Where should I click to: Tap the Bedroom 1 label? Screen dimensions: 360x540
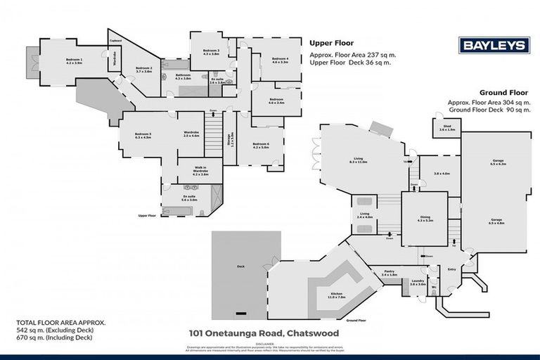(74, 60)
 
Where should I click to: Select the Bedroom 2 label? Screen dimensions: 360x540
(143, 69)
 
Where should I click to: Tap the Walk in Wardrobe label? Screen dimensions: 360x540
(192, 171)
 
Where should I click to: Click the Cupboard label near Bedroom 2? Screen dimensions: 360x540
(115, 41)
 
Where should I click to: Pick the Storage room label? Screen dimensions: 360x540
(229, 140)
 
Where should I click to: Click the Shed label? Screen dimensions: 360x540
(447, 127)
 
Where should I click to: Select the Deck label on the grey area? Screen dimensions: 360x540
(240, 266)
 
